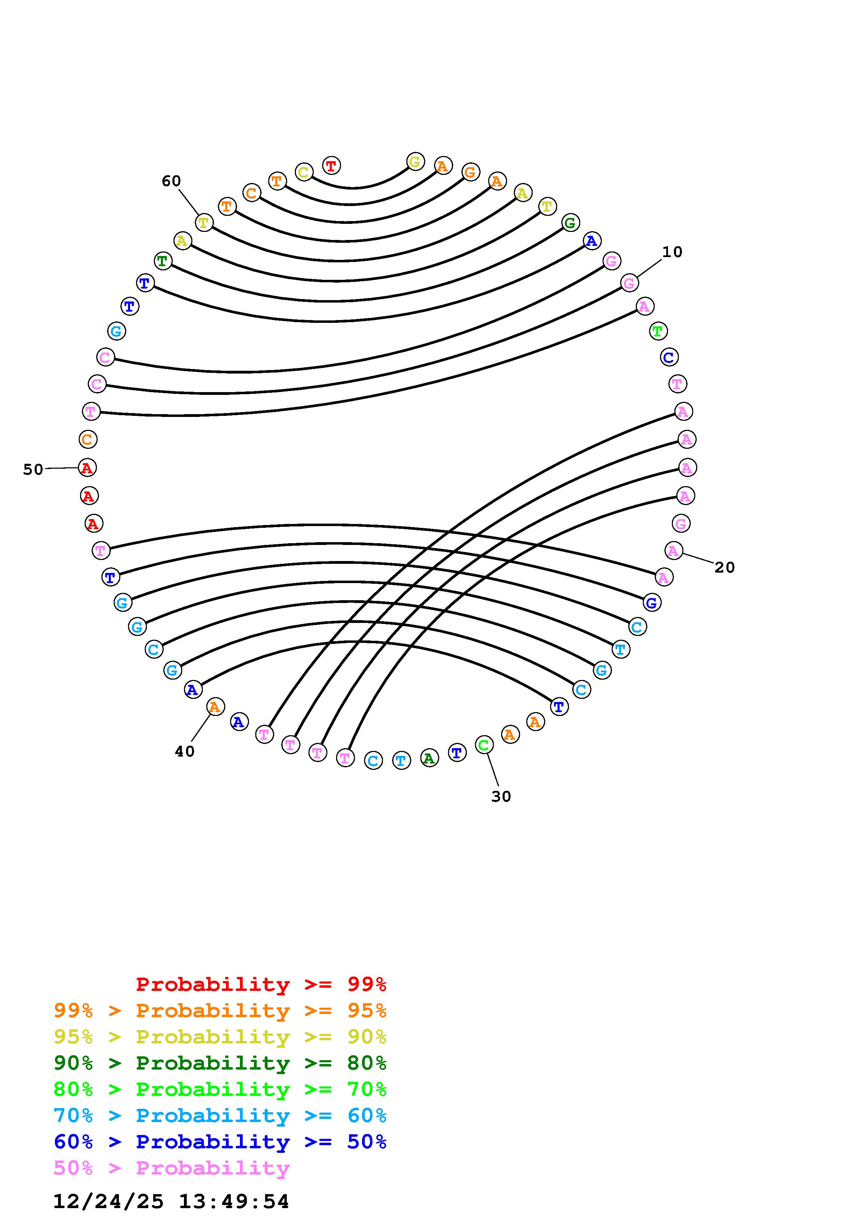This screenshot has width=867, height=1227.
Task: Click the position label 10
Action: [672, 252]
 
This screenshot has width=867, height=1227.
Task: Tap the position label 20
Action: [724, 568]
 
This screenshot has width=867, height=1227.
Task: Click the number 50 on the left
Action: [33, 470]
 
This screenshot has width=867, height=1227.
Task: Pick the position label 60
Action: [171, 182]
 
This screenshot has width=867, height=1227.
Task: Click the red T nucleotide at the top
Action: [331, 166]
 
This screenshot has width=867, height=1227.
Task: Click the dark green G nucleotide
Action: [570, 223]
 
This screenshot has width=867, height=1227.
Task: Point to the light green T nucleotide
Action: [658, 331]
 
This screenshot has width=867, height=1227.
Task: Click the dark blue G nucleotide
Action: [651, 603]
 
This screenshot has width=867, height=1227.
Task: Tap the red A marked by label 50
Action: [87, 468]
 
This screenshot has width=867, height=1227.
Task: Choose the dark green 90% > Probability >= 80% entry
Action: [220, 1063]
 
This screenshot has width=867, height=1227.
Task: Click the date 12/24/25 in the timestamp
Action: [108, 1201]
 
